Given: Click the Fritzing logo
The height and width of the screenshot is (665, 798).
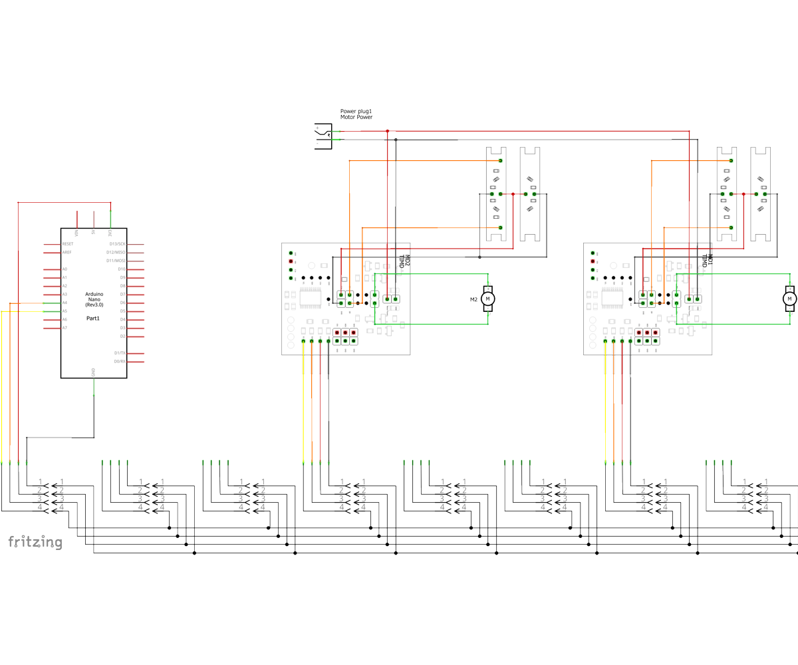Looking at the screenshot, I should coord(35,543).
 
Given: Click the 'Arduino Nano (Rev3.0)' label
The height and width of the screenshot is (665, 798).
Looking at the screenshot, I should coord(94,299).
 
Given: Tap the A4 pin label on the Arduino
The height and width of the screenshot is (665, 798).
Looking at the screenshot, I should coord(65,303).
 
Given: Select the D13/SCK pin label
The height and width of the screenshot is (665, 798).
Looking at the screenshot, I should coord(117,244).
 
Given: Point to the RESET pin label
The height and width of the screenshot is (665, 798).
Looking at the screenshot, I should coord(67,244).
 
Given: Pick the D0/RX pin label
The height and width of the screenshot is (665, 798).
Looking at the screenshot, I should coord(120,361).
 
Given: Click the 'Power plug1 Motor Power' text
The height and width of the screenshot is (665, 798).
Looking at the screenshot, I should coord(356,114).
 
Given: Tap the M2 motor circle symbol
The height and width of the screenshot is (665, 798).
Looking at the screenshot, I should coord(487,299).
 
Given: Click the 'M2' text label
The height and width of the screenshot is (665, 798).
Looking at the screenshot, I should coord(473,299).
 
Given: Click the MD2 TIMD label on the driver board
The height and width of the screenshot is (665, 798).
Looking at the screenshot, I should coord(404,261).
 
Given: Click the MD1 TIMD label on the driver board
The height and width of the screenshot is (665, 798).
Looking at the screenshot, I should coord(706,261).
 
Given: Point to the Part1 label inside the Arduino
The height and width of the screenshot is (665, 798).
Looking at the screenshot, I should coord(93,319).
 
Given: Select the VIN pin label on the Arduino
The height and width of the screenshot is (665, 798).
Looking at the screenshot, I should coord(77,233).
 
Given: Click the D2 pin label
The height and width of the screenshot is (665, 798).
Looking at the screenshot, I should coord(122,336).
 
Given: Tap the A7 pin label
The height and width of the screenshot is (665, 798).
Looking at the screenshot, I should coord(65,328).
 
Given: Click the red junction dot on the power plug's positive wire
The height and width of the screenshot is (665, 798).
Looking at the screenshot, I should coord(387,131).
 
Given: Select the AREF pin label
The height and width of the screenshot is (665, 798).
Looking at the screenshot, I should coord(66,253).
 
